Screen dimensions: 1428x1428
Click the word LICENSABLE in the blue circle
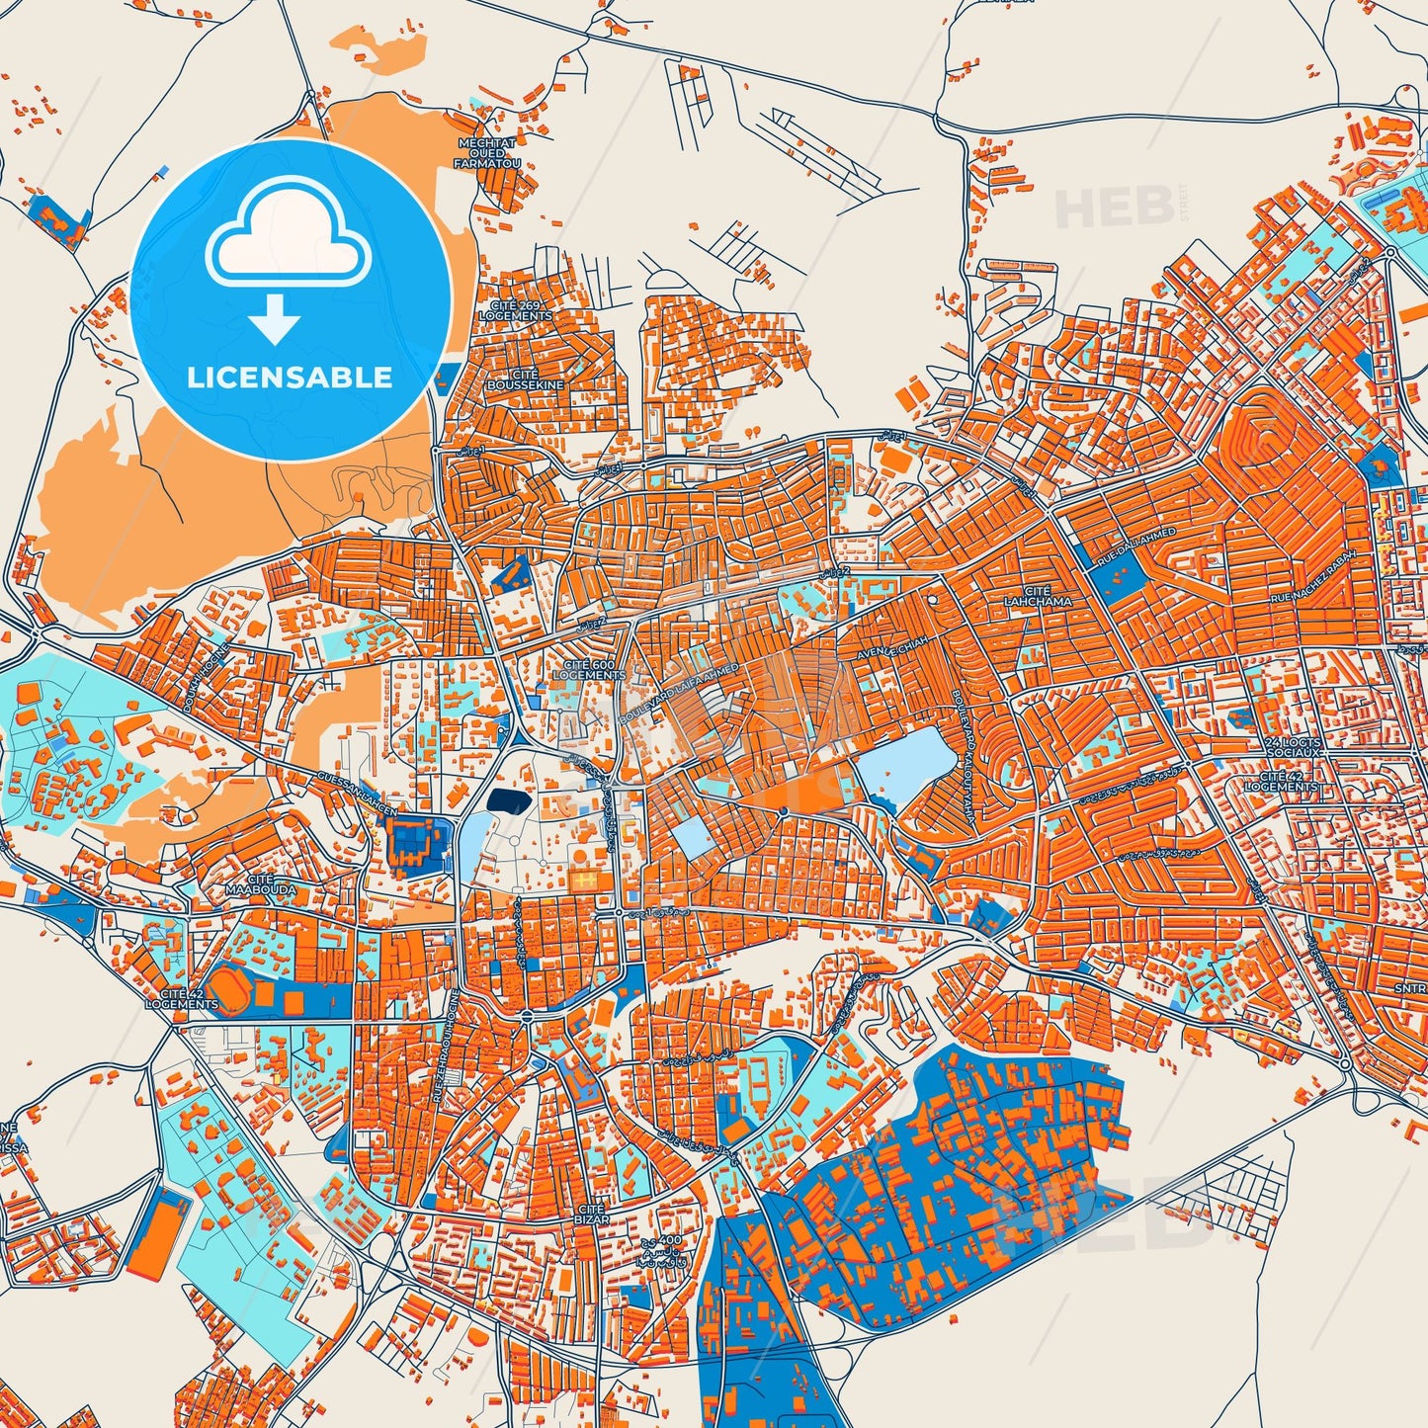291,378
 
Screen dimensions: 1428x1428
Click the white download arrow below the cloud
276,318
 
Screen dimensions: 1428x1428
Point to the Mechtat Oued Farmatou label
485,153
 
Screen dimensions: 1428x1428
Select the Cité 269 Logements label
515,310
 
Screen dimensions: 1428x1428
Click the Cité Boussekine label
525,379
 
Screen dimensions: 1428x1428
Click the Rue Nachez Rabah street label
1321,584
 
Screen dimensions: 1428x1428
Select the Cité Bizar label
591,1215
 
